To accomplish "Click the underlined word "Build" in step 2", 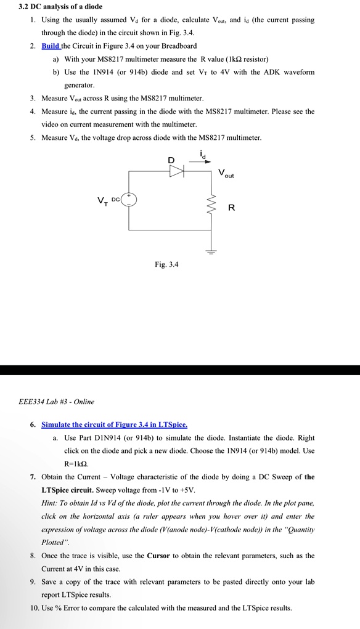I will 51,46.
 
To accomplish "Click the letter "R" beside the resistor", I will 231,208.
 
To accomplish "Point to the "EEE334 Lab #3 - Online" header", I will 57,402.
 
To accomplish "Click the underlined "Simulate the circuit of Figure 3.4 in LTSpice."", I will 114,424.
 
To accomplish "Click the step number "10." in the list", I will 35,607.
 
